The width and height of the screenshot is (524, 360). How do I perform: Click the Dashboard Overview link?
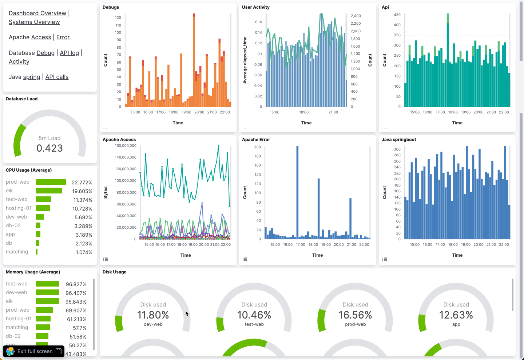(x=37, y=13)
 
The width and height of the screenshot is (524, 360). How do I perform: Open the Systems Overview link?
(x=34, y=22)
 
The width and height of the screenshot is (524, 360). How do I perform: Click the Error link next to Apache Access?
(x=63, y=37)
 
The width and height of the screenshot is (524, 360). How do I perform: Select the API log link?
(x=69, y=53)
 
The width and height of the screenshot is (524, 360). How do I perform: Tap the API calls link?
(x=57, y=77)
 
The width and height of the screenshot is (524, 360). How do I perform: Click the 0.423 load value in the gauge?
(x=49, y=148)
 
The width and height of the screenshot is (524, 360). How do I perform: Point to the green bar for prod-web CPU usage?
(x=51, y=182)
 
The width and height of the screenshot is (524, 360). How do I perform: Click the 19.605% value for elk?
(x=82, y=191)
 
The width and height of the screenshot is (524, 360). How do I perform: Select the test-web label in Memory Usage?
(x=17, y=284)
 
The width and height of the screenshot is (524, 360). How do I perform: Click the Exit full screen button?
(x=34, y=351)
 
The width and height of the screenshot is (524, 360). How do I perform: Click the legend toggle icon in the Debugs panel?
(x=106, y=127)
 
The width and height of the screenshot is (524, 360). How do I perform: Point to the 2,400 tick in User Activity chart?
(x=356, y=16)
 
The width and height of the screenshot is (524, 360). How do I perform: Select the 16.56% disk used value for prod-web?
(x=355, y=315)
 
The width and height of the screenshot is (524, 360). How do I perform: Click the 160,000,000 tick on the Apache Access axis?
(x=126, y=146)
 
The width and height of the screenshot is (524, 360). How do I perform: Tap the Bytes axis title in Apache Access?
(x=106, y=192)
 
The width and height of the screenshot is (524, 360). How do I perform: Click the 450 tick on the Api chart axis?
(x=397, y=15)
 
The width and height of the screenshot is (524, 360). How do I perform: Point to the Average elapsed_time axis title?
(x=245, y=60)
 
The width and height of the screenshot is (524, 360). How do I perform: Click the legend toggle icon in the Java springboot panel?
(x=385, y=259)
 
